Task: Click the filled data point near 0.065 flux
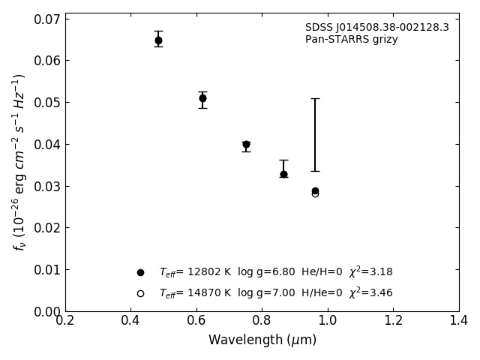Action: (158, 40)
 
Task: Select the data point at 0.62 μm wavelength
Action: (202, 98)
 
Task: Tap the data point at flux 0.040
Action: (246, 144)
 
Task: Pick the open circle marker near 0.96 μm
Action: (315, 193)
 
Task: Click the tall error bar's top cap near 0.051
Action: (315, 98)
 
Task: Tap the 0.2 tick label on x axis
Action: (65, 321)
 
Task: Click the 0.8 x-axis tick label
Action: (262, 321)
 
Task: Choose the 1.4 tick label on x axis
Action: (458, 321)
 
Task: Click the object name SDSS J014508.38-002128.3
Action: (376, 28)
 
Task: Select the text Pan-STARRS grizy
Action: (351, 40)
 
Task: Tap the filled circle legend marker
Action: (140, 272)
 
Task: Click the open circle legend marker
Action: (140, 293)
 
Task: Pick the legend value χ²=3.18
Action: (370, 271)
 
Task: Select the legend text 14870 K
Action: (208, 293)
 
